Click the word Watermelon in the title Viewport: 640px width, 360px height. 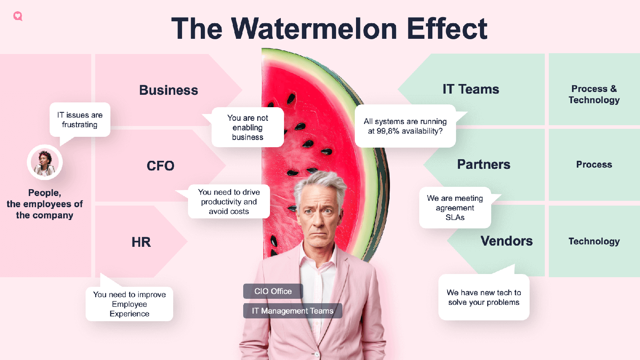coord(314,29)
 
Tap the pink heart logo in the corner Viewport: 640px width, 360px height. coord(18,16)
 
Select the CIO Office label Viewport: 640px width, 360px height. coord(273,291)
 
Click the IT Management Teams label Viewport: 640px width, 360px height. coord(292,311)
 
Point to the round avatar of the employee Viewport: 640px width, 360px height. coord(44,162)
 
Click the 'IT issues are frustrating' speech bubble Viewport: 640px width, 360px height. coord(80,120)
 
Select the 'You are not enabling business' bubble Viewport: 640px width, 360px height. coord(248,127)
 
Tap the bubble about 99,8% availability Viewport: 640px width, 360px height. coord(405,126)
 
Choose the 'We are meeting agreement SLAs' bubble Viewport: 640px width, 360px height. coord(455,208)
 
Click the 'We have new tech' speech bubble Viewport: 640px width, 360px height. coord(484,297)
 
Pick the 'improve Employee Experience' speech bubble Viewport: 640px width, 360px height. coord(129,304)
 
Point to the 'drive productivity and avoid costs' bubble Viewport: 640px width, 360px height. coord(229,202)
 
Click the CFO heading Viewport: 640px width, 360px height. coord(160,166)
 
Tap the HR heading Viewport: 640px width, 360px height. coord(141,242)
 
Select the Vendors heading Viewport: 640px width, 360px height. coord(506,241)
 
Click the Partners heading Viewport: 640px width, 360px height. coord(484,164)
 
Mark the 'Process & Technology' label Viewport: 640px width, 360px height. coord(594,94)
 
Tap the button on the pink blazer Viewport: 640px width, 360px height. coord(317,354)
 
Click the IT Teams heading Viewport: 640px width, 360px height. coord(471,89)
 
